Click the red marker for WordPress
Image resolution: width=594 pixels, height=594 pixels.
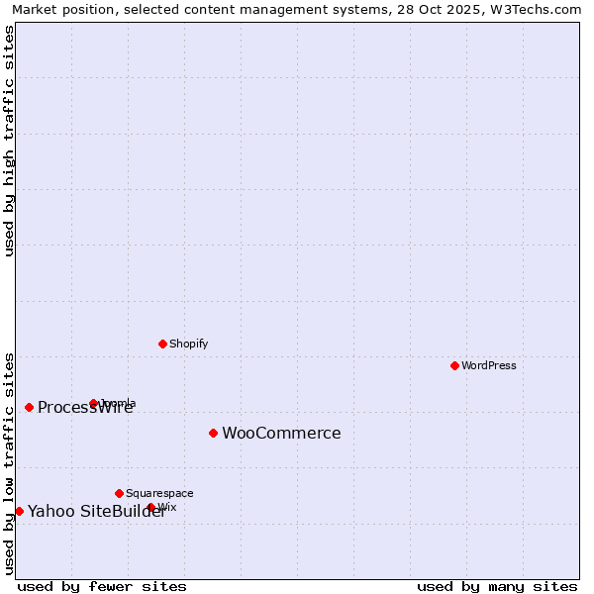tap(454, 365)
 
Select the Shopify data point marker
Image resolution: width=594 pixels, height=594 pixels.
tap(162, 344)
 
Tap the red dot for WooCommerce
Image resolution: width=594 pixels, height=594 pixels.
tap(213, 433)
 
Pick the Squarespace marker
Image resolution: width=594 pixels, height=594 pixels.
tap(119, 493)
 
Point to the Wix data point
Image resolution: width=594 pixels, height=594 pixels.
tap(151, 507)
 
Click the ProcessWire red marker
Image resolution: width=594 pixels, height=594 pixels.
tap(29, 407)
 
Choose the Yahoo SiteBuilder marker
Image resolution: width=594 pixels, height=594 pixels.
tap(19, 511)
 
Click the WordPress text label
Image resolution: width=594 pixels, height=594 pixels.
tap(489, 365)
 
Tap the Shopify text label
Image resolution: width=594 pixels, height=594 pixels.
tap(188, 344)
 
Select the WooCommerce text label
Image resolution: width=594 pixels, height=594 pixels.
tap(281, 433)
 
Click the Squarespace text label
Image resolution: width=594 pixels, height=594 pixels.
tap(159, 493)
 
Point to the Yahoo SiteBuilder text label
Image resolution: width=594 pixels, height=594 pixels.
tap(96, 511)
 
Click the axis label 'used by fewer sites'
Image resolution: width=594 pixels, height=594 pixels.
tap(102, 586)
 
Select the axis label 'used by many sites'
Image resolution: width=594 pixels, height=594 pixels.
tap(497, 586)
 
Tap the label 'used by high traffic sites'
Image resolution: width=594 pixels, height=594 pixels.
tap(10, 141)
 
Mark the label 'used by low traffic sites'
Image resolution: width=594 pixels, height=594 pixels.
tap(10, 463)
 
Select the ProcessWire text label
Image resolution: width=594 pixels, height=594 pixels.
tap(85, 408)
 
